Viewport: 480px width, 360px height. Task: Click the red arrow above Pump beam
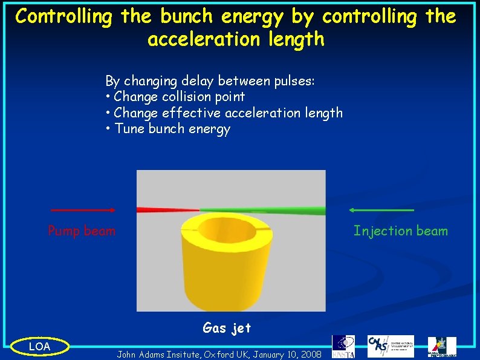(x=83, y=210)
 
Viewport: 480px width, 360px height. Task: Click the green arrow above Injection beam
(x=381, y=210)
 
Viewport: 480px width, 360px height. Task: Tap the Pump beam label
(x=82, y=231)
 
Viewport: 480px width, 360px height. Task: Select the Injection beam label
(x=401, y=231)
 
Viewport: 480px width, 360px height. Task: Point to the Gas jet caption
(x=227, y=328)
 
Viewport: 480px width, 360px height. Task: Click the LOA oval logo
(x=40, y=346)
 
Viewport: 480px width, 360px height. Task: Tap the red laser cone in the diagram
(x=166, y=210)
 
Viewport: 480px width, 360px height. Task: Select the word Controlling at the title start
(x=63, y=16)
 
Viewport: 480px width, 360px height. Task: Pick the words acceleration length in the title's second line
(x=236, y=40)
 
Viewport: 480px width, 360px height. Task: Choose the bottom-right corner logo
(x=442, y=346)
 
